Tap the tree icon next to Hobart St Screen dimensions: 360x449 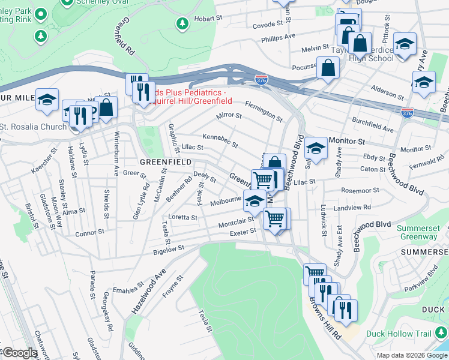(182, 23)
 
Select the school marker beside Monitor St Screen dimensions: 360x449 (316, 146)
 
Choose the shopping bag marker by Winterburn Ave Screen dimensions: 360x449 (106, 107)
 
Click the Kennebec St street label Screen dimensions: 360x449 (220, 141)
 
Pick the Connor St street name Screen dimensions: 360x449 (90, 230)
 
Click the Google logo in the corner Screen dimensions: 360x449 (20, 353)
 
